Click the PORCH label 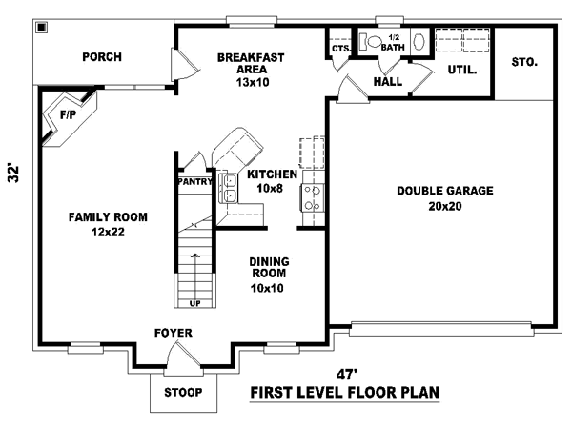coord(102,57)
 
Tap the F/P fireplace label coord(68,113)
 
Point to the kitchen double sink coord(230,188)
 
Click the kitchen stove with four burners coord(311,197)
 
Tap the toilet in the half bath coord(375,42)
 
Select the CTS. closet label coord(340,49)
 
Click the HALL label coord(388,82)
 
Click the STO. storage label coord(524,63)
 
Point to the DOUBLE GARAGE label coord(445,191)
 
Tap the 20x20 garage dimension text coord(445,206)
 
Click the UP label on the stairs coord(196,304)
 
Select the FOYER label coord(174,333)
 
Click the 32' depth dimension coord(13,174)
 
